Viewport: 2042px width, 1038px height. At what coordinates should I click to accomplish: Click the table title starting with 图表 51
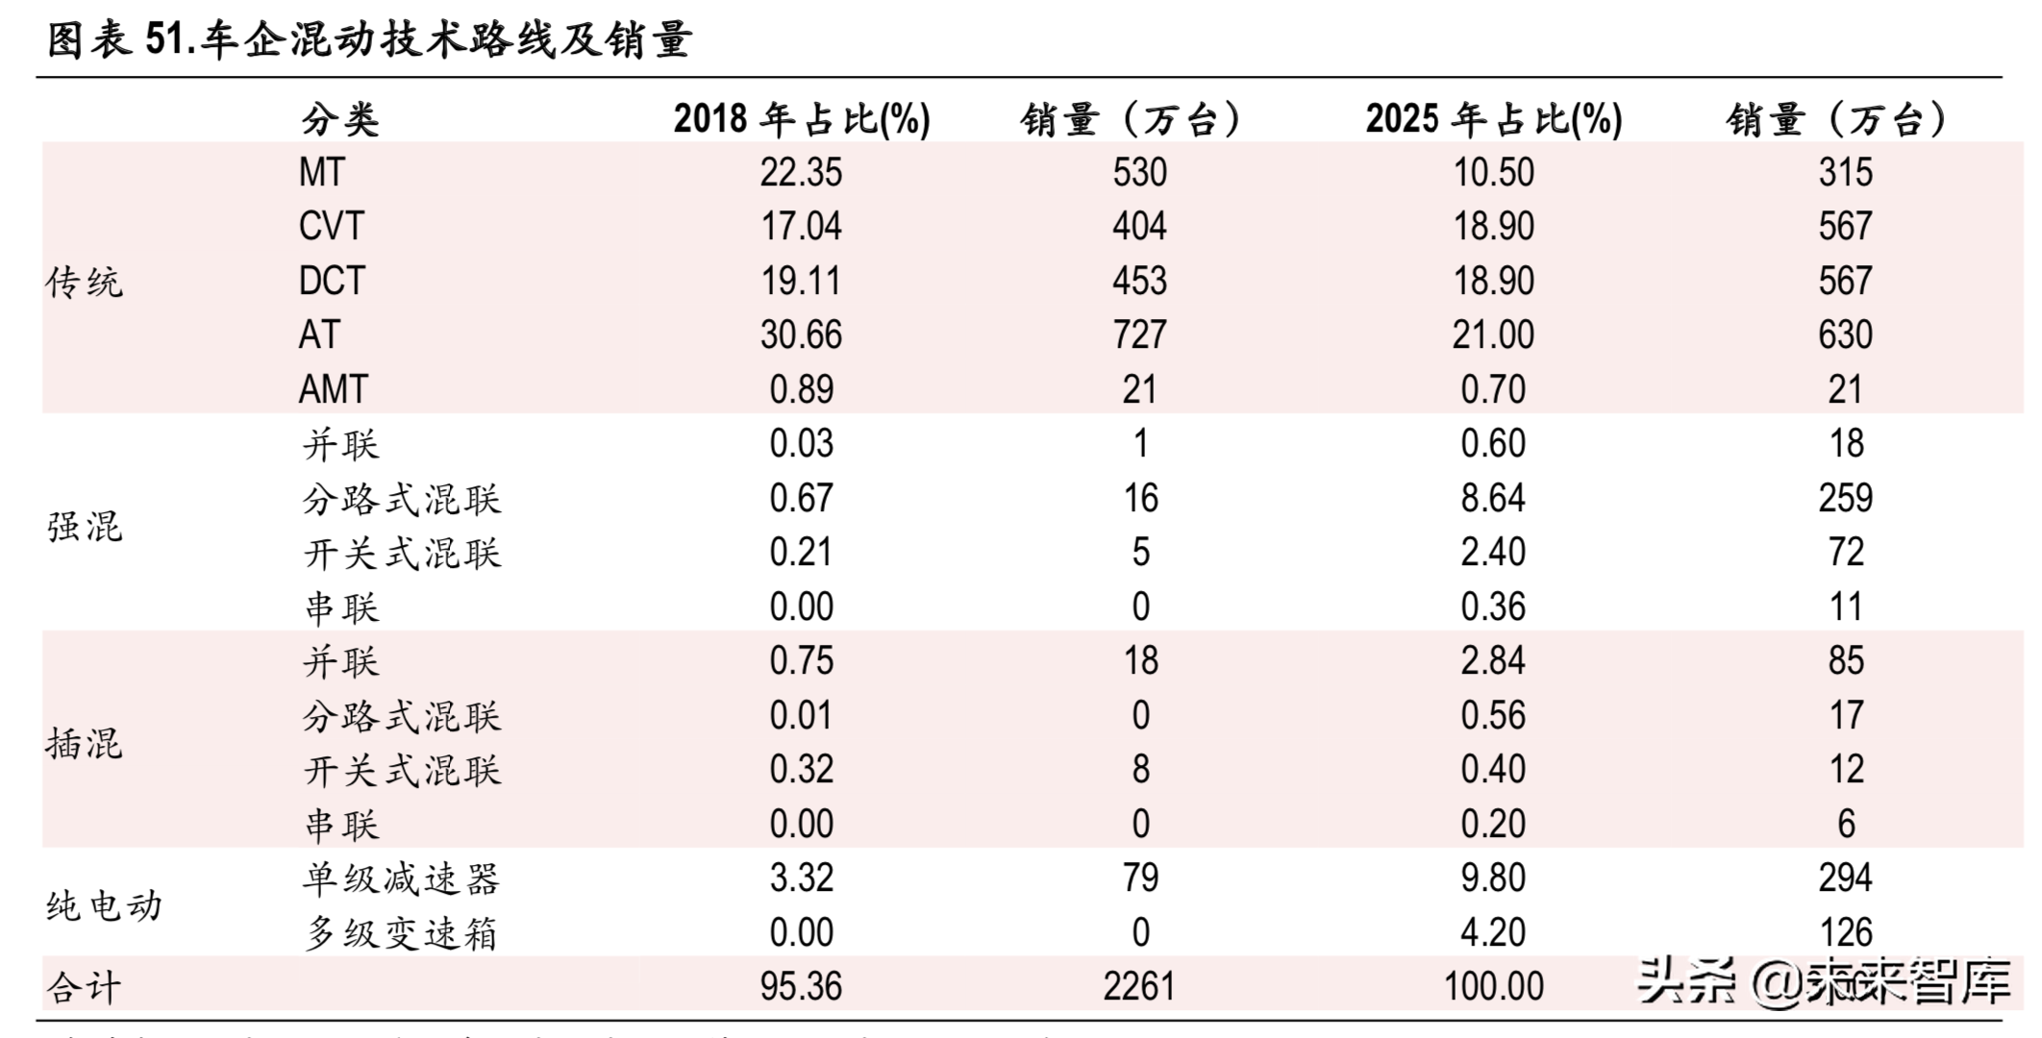click(369, 40)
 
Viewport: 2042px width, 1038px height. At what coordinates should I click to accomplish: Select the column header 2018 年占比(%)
click(801, 119)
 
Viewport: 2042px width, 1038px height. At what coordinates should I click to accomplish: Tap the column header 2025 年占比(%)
click(1493, 119)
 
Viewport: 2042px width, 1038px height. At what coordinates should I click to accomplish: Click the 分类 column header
click(340, 120)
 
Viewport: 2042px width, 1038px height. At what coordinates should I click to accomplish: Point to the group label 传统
click(85, 283)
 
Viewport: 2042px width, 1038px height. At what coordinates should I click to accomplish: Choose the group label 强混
click(85, 527)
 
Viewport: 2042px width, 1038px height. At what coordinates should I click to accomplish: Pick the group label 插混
click(85, 744)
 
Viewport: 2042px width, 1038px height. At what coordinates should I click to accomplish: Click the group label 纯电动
click(104, 906)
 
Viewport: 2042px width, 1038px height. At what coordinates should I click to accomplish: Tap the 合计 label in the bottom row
click(85, 987)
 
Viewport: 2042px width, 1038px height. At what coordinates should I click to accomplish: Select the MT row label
click(321, 173)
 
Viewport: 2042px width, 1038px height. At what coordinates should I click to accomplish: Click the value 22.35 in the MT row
click(801, 173)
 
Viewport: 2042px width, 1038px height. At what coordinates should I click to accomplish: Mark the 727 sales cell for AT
click(1139, 335)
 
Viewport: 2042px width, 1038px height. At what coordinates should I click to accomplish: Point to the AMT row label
click(333, 390)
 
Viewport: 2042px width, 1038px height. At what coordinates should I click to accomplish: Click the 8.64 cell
click(1493, 498)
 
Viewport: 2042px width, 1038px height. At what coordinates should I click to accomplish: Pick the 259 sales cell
click(1845, 498)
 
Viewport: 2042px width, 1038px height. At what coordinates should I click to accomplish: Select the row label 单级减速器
click(402, 878)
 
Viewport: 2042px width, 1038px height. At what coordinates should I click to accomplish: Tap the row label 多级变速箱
click(402, 933)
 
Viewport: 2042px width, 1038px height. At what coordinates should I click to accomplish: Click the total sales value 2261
click(1139, 987)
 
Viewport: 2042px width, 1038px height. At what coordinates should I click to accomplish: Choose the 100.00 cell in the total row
click(1493, 987)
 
